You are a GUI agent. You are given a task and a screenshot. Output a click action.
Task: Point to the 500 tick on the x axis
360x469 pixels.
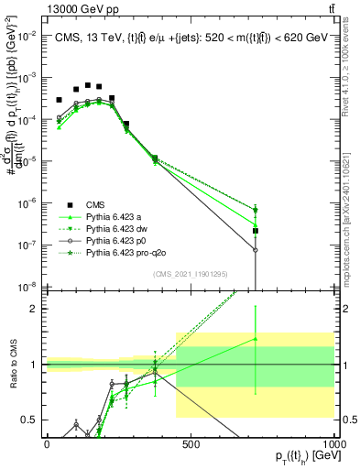click(x=191, y=443)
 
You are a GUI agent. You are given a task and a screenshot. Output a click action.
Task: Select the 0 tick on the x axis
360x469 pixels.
click(x=47, y=443)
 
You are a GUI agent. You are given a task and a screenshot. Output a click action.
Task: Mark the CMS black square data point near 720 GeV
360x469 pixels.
click(x=256, y=231)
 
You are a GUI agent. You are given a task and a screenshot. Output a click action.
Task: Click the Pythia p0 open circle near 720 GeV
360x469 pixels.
click(x=256, y=250)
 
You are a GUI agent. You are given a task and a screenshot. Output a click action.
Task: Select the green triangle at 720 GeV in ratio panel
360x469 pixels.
click(x=256, y=339)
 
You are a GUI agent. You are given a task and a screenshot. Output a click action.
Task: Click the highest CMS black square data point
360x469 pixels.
click(x=88, y=85)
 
